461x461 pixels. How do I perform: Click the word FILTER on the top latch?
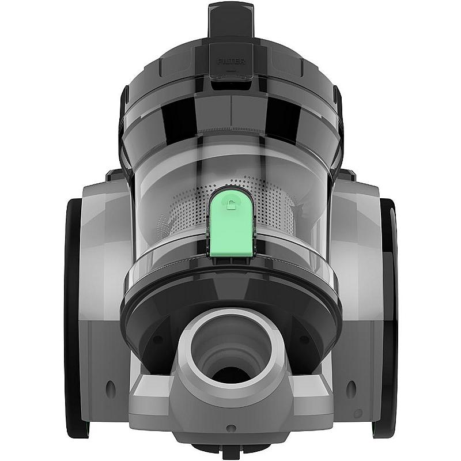231,62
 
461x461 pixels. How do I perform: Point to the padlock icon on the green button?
231,204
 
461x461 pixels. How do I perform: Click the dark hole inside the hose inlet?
232,375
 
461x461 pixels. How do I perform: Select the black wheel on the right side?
387,318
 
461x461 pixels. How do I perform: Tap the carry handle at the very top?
231,21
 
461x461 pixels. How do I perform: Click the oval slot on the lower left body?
110,390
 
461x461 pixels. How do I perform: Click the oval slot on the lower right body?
351,390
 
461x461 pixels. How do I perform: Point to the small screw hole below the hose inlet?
231,428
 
